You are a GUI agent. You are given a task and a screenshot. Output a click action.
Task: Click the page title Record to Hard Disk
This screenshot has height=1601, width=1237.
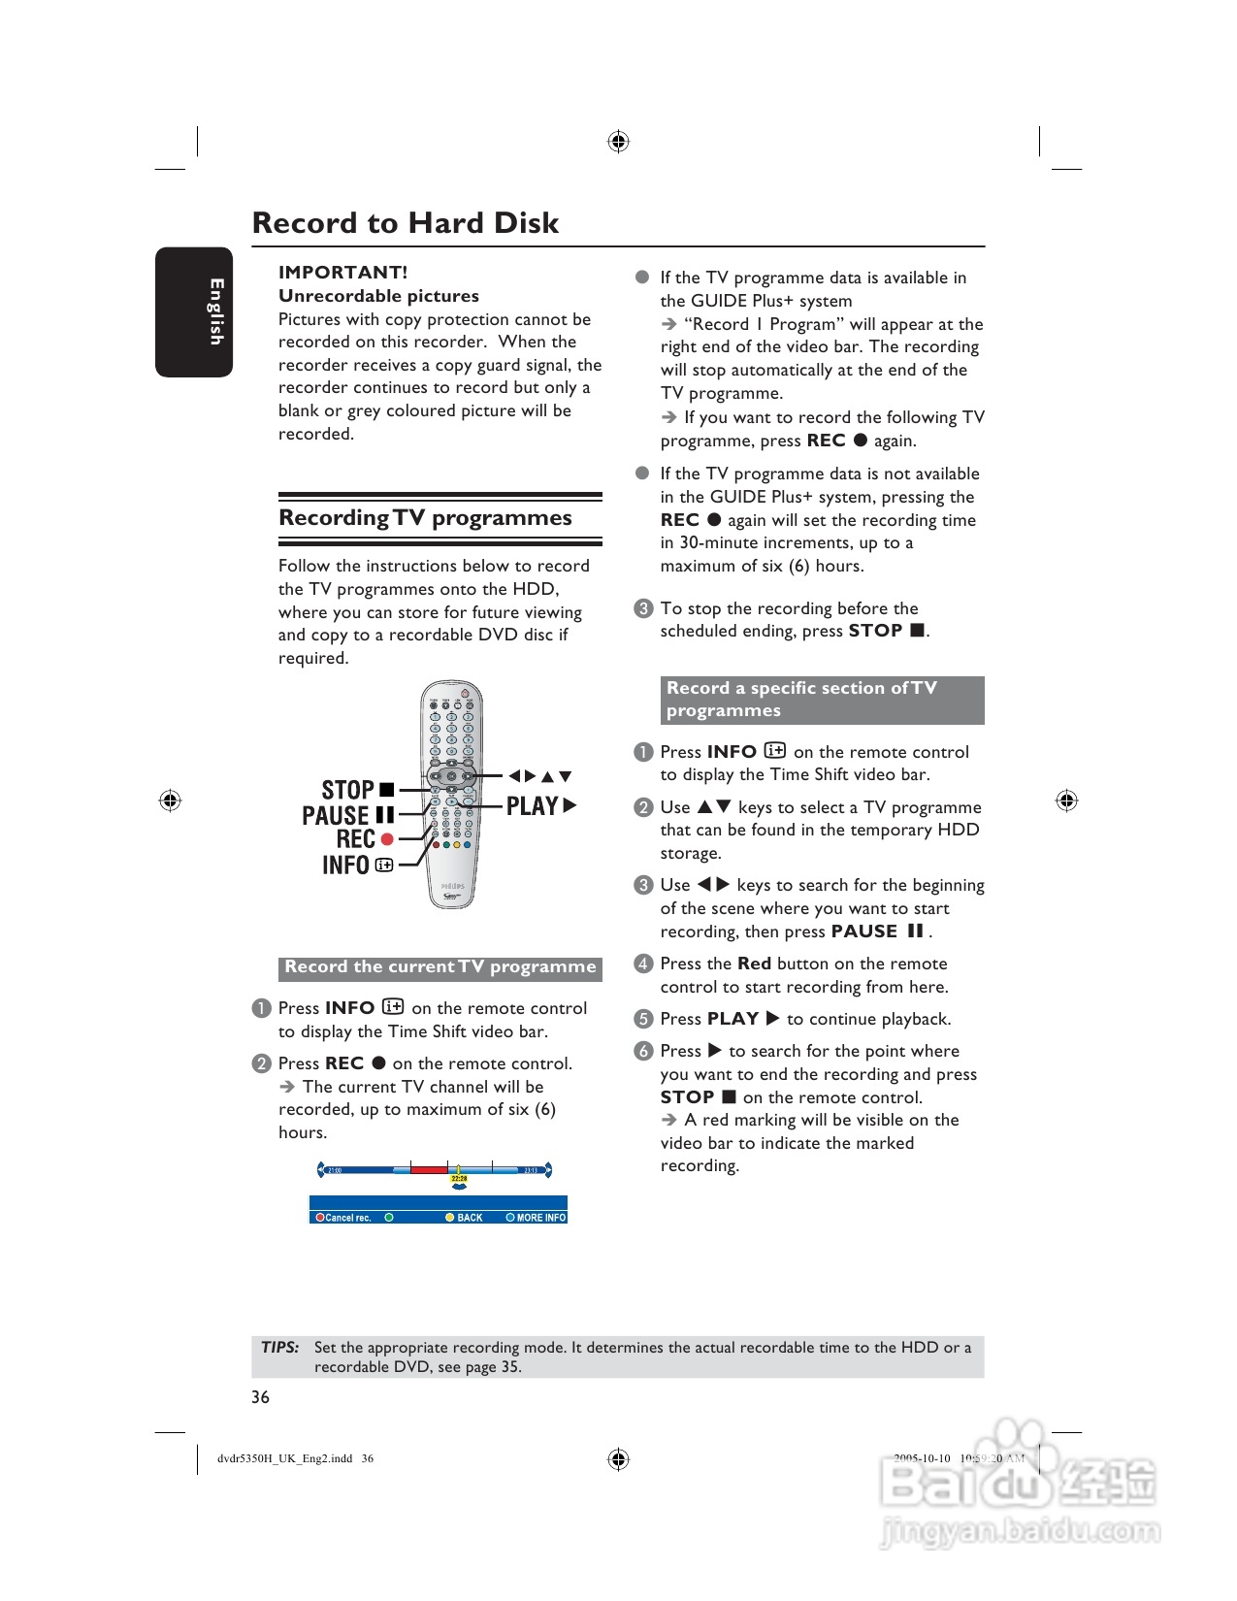click(x=406, y=223)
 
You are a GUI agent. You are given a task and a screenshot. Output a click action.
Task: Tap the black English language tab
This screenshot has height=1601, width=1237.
click(x=194, y=311)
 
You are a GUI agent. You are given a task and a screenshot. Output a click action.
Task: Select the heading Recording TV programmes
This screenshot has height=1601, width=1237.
click(x=425, y=518)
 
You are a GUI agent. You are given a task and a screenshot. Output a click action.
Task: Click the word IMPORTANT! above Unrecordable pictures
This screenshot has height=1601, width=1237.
click(x=342, y=273)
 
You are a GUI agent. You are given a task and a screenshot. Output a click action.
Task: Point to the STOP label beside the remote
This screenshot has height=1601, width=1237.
click(x=348, y=790)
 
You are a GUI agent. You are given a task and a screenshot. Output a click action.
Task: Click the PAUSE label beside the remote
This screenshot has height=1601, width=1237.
click(x=336, y=815)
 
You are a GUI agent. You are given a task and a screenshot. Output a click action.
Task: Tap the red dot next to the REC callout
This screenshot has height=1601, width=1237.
click(x=387, y=839)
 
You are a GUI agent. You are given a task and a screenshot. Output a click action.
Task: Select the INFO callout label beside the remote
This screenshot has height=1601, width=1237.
click(x=346, y=865)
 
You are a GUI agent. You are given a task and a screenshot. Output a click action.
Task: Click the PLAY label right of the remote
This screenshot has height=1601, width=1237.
click(x=532, y=806)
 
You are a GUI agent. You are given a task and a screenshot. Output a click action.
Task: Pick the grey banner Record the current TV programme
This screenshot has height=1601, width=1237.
click(x=440, y=967)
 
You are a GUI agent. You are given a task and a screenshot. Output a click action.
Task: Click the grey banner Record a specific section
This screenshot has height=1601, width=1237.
click(x=822, y=700)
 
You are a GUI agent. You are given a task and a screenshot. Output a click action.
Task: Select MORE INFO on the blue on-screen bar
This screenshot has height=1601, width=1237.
click(x=540, y=1218)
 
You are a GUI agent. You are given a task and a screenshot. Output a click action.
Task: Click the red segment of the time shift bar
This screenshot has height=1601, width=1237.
click(x=429, y=1169)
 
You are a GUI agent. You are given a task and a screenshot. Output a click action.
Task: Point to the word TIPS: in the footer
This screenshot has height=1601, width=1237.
click(x=279, y=1347)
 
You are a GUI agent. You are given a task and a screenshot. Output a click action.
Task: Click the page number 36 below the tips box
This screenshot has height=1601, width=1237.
click(x=260, y=1397)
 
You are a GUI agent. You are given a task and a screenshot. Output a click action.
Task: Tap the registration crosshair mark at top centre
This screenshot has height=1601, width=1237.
click(x=618, y=142)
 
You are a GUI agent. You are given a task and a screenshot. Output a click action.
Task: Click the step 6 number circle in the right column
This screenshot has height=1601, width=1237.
click(x=643, y=1051)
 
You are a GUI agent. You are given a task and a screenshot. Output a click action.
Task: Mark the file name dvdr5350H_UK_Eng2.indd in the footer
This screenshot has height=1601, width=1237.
click(x=284, y=1458)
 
